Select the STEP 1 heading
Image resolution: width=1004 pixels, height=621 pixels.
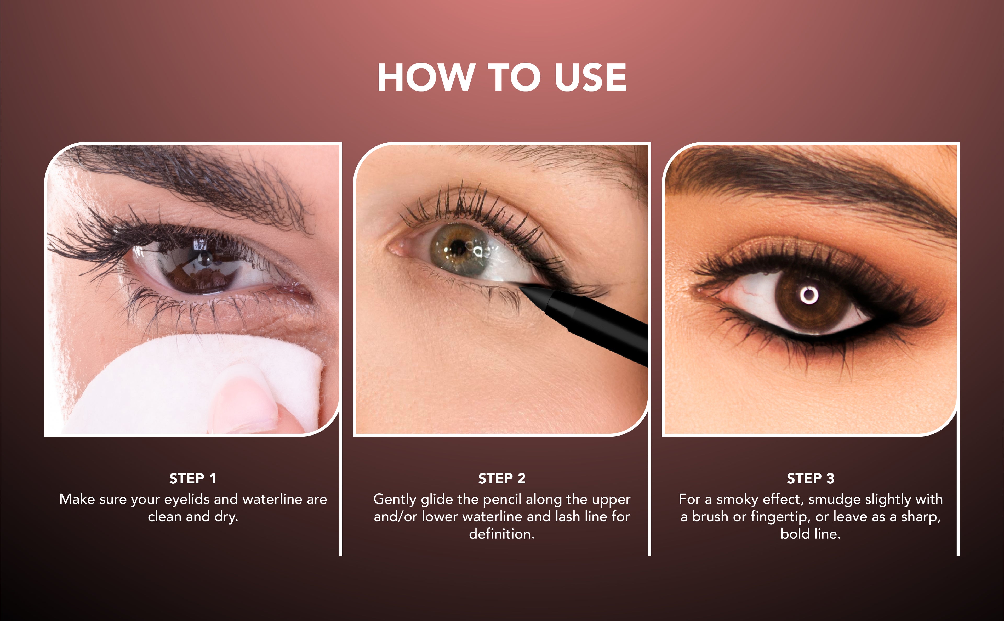click(192, 478)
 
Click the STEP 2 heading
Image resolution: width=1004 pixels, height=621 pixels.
click(501, 478)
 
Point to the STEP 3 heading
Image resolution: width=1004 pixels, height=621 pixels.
click(811, 478)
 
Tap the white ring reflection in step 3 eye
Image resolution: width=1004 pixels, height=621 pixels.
click(809, 295)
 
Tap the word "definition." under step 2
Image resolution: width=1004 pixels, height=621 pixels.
click(501, 534)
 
